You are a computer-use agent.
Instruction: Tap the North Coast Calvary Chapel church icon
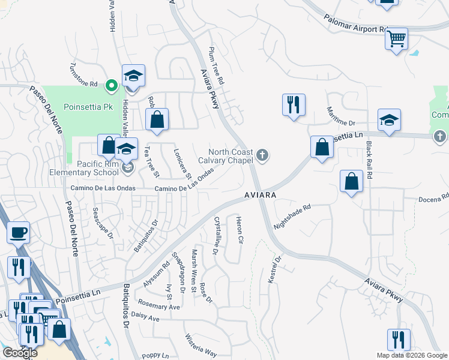tap(262, 156)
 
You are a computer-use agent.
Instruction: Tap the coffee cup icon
tap(18, 232)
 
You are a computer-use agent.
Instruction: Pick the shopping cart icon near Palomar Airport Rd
tap(396, 40)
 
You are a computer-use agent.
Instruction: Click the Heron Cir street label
tap(240, 230)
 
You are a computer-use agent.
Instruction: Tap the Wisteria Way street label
tap(200, 345)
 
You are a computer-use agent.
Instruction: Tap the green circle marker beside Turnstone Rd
tap(111, 86)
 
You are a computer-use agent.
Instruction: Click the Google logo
tap(19, 353)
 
